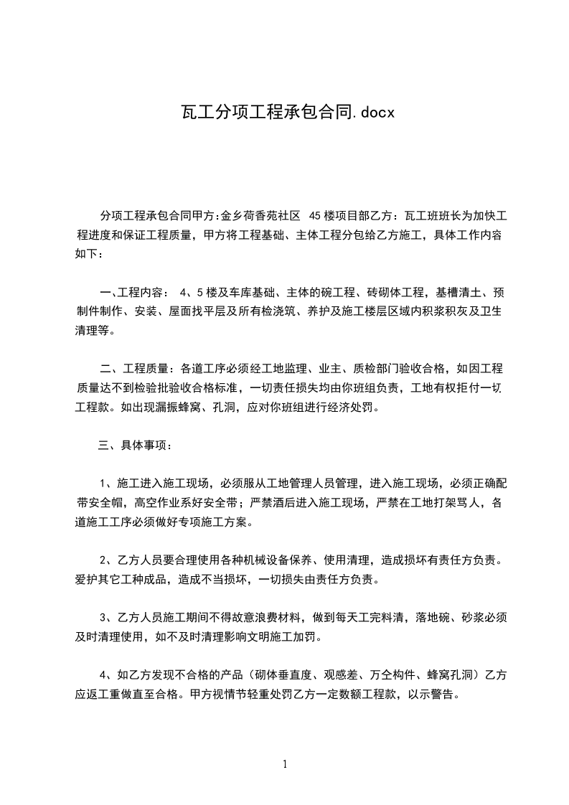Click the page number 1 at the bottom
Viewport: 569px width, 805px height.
(x=285, y=764)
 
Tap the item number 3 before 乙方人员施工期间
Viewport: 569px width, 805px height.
(x=103, y=617)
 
